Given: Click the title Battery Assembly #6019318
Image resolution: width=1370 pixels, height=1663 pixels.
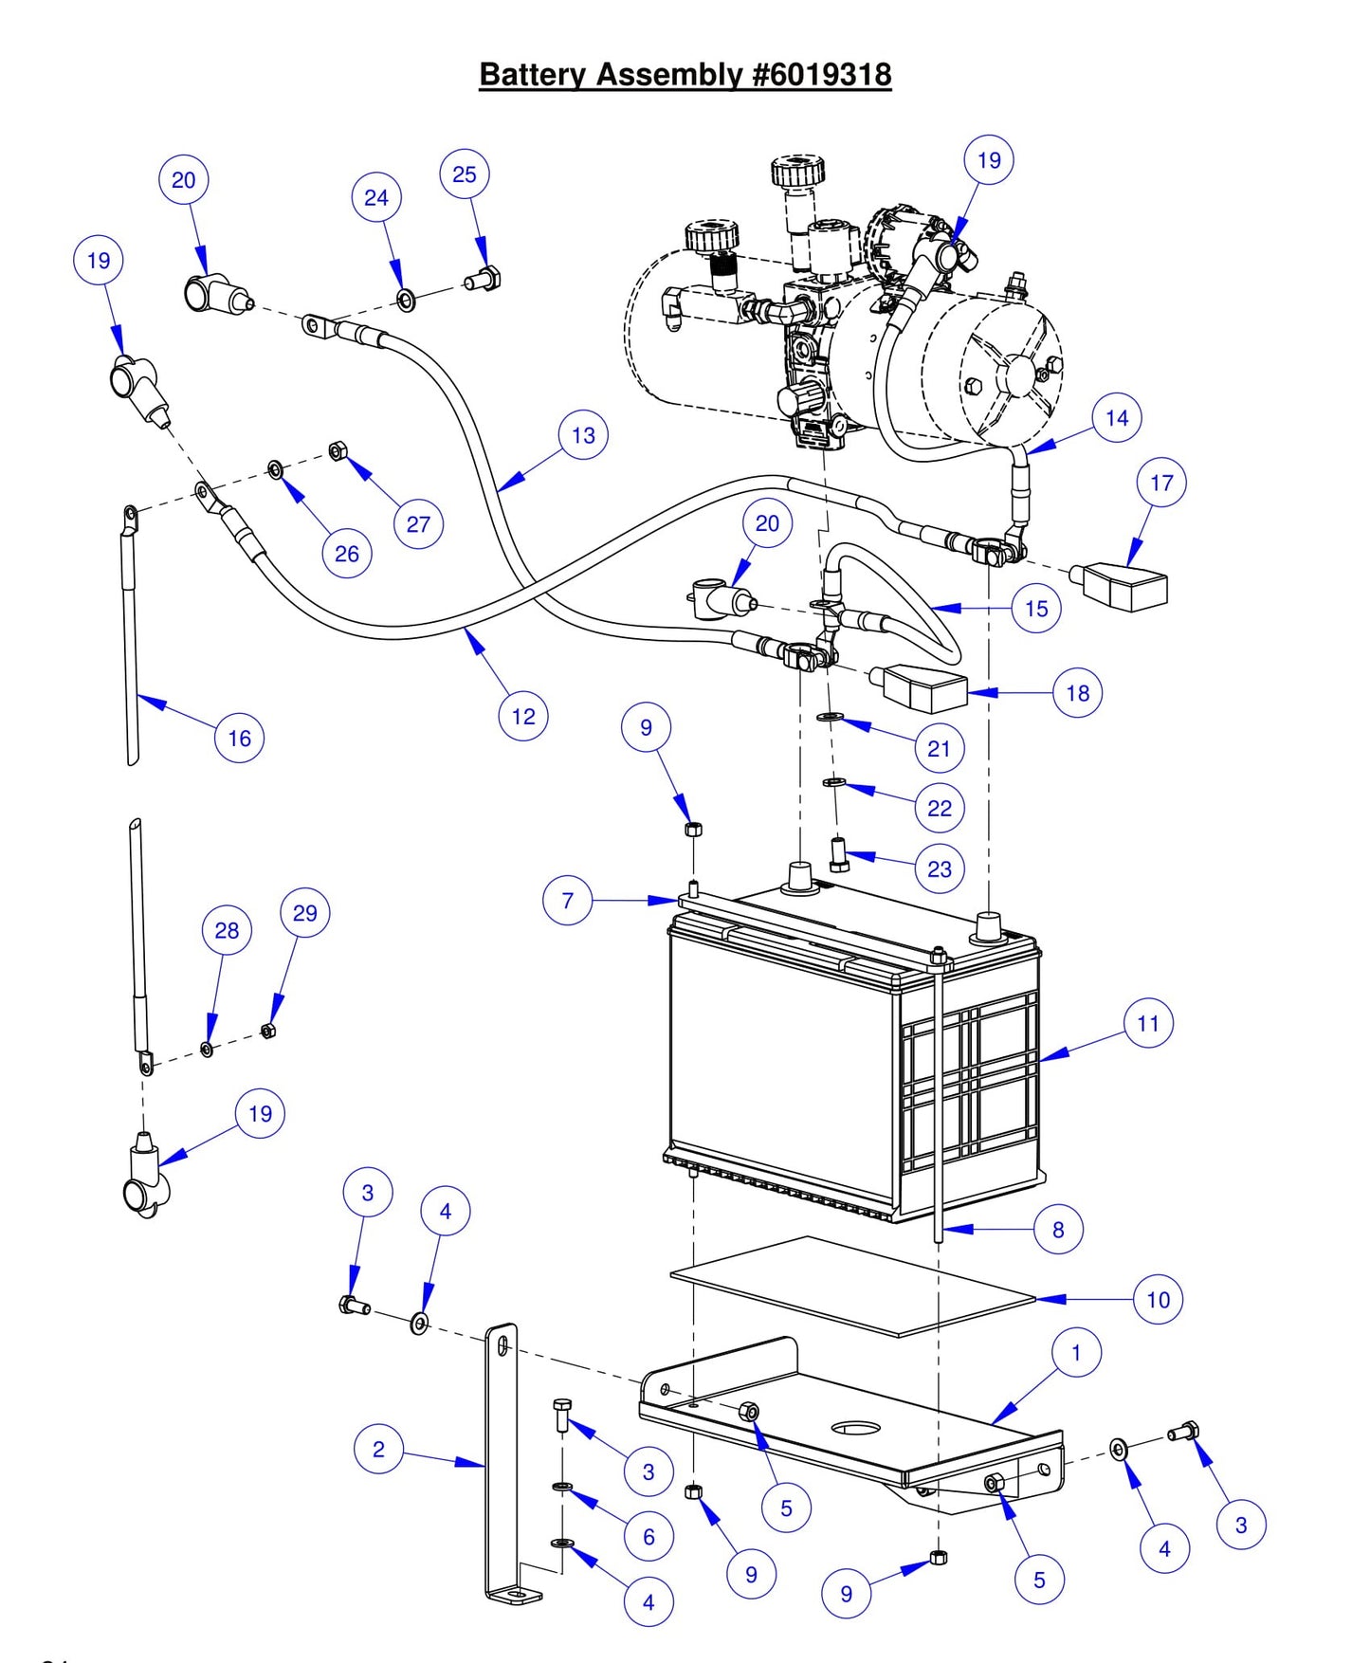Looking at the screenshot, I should [685, 74].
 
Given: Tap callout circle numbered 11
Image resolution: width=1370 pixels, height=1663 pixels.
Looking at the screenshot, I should [1148, 1023].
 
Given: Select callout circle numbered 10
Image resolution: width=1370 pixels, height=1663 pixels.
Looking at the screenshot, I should [1158, 1299].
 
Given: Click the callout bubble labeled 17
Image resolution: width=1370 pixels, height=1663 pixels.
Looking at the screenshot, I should [1161, 483].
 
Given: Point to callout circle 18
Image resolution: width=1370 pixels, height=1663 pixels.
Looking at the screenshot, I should [1078, 693].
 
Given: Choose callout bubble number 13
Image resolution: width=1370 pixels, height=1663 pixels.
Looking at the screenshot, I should [583, 435].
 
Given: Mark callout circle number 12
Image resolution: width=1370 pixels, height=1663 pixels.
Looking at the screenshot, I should [523, 716].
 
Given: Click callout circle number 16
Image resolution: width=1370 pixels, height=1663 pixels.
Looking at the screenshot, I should [239, 738].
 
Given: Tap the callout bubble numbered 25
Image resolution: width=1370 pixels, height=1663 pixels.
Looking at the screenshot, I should [465, 174].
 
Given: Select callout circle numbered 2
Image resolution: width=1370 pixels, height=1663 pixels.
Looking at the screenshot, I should [378, 1449].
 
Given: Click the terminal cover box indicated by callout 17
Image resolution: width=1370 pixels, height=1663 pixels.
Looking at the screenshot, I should [1122, 585].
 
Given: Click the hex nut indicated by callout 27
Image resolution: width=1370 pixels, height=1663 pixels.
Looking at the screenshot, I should [338, 450].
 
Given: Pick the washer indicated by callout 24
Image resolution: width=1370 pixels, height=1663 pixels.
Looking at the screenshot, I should [406, 302].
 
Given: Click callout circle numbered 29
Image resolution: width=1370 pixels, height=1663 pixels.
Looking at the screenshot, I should [305, 912].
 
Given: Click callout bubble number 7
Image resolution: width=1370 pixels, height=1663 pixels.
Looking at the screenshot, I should [567, 900].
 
